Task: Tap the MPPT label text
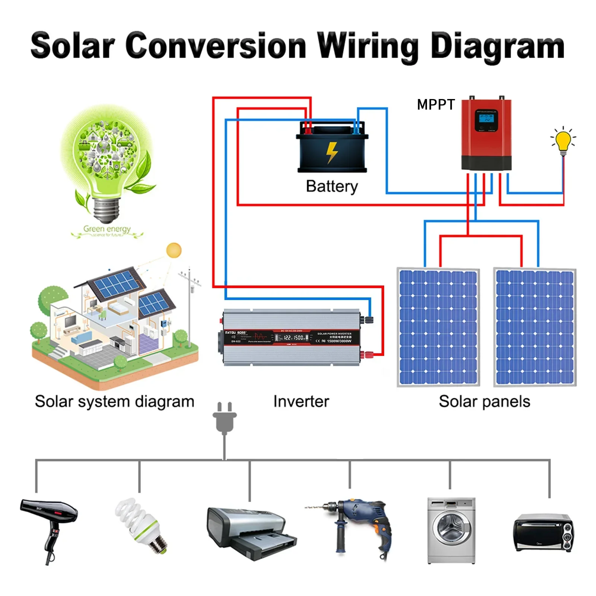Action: (436, 105)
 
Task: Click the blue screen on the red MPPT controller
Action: (486, 119)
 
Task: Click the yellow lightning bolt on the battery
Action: (332, 152)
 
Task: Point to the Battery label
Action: (332, 186)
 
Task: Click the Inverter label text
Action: (301, 401)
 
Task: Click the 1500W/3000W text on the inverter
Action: (339, 341)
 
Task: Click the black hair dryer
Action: (50, 521)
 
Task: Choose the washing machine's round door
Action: (451, 528)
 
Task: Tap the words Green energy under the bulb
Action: (107, 229)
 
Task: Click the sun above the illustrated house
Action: (174, 251)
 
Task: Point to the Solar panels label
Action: (484, 401)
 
